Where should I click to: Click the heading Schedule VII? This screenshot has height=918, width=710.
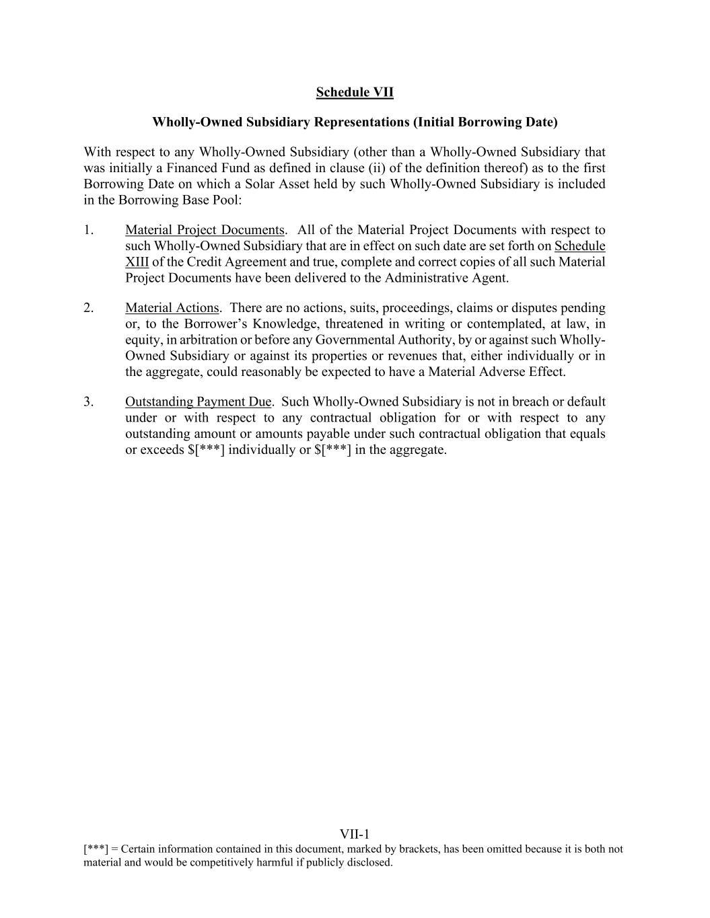click(355, 92)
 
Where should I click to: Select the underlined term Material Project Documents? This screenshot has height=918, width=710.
click(205, 230)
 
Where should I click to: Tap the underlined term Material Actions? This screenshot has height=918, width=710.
click(172, 308)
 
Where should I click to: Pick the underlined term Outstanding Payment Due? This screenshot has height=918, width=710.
click(198, 401)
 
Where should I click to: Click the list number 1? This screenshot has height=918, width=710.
click(89, 230)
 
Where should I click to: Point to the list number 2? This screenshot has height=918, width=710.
click(89, 308)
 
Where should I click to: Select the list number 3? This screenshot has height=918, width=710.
click(89, 401)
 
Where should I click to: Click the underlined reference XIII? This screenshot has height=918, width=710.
click(137, 262)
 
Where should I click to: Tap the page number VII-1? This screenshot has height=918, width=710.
click(355, 835)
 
